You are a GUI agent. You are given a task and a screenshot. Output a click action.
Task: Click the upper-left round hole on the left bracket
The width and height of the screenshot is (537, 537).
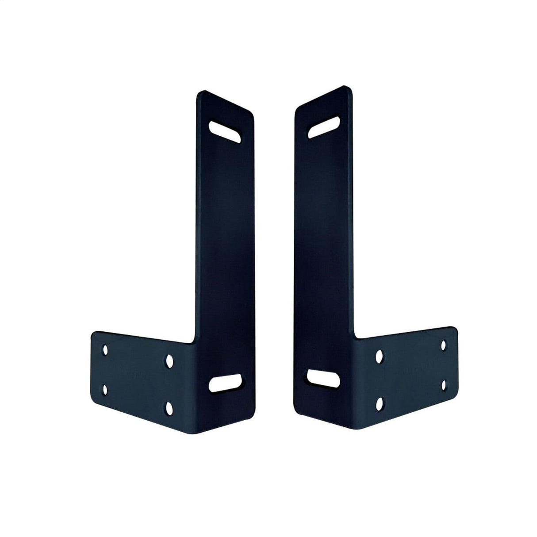105,350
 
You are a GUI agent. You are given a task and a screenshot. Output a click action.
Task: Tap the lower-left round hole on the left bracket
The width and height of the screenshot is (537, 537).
105,389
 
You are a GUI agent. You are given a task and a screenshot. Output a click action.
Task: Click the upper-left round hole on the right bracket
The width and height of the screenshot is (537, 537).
379,355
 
